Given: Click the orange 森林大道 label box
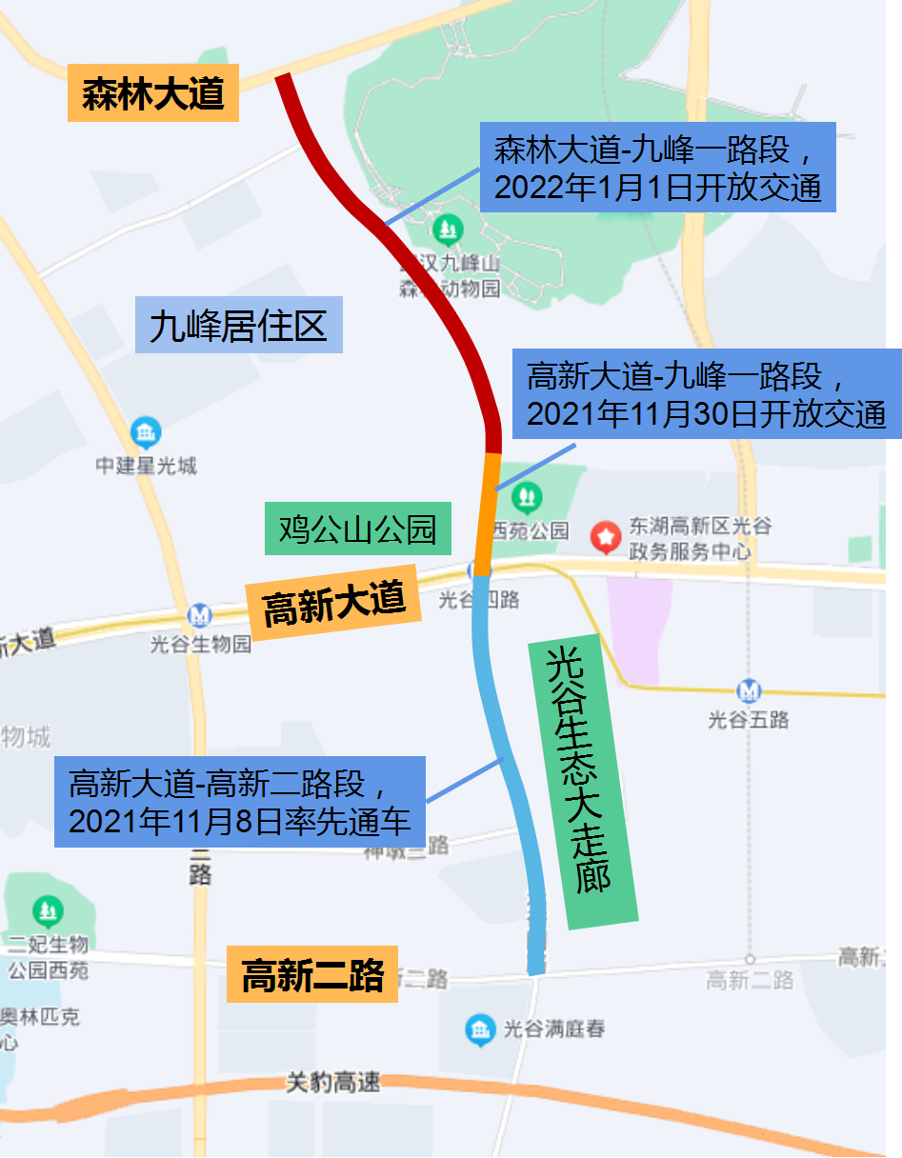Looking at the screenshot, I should tap(152, 93).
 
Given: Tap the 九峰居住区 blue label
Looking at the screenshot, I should tap(238, 326).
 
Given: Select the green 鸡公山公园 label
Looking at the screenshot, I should tap(356, 529).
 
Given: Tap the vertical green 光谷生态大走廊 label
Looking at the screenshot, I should tap(583, 781).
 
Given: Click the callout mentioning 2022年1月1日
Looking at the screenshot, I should tap(657, 167).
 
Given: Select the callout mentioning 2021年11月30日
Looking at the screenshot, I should tap(706, 393).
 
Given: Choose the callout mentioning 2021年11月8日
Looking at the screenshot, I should tap(239, 801).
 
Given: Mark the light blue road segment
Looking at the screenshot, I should tap(505, 762).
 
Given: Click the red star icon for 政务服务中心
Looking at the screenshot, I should tap(606, 537).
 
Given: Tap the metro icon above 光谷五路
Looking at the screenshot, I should tap(749, 690).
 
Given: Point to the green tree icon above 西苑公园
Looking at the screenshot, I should tap(526, 496).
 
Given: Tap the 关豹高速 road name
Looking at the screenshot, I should tap(333, 1082).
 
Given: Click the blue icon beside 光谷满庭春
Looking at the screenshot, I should tap(480, 1028).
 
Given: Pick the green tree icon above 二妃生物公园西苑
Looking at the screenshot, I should tap(47, 912).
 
